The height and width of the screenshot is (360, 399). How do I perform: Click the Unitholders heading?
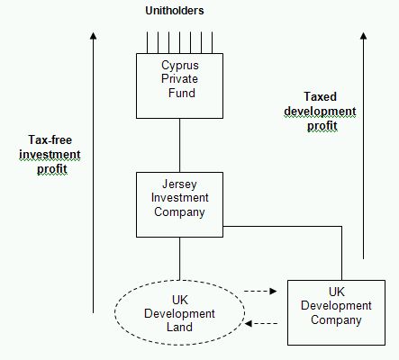point(175,11)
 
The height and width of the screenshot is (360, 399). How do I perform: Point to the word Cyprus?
point(180,66)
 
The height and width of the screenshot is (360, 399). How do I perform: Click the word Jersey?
point(179,184)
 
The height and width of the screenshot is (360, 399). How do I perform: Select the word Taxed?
point(320,96)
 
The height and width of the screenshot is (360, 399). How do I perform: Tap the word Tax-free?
point(50,139)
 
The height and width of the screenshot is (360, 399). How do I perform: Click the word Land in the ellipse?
point(179,327)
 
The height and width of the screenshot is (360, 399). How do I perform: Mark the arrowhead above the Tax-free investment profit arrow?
point(94,36)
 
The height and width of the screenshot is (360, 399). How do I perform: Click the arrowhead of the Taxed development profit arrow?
point(364,36)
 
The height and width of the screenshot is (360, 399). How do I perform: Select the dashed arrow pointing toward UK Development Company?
point(260,291)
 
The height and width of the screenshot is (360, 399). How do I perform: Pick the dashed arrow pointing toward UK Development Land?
point(261,323)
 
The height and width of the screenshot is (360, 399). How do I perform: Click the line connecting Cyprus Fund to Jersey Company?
point(180,145)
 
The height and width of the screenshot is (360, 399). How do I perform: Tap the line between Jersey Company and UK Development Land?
point(180,258)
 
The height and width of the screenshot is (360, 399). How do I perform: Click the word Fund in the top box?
point(182,93)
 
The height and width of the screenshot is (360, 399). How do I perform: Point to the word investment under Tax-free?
point(50,155)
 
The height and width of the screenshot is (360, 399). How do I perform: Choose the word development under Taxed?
point(320,112)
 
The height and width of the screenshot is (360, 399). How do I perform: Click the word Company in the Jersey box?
point(179,212)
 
